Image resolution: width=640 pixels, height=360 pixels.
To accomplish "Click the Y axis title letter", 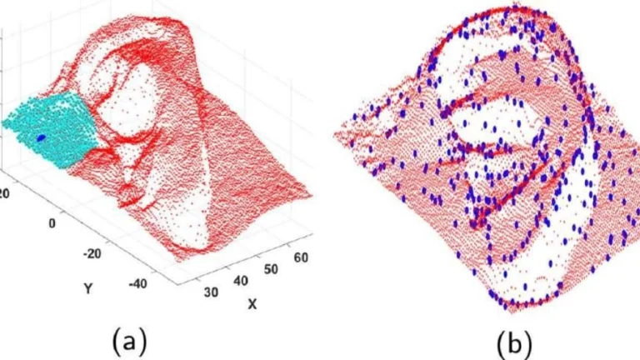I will (87, 288).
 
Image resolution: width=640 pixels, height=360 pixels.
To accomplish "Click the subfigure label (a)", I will (130, 340).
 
